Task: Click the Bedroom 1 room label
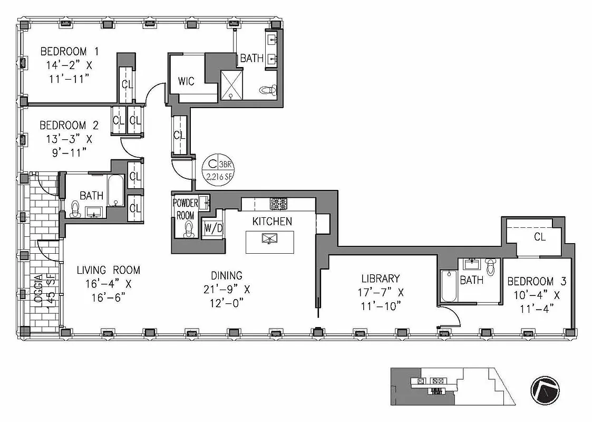tap(70, 52)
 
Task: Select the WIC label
tap(186, 81)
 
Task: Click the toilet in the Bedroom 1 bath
tap(268, 90)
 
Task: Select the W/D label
tap(212, 229)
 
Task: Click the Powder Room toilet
tap(189, 227)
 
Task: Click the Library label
tap(380, 279)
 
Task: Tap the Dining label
tap(227, 275)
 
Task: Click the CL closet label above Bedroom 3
tap(540, 237)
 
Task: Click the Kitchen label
tap(271, 221)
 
